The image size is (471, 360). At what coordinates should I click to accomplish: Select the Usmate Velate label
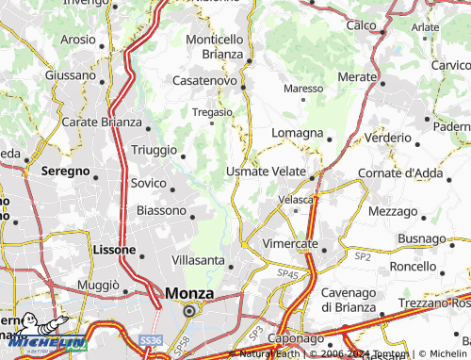click(x=266, y=172)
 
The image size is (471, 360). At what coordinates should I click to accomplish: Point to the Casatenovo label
click(x=204, y=81)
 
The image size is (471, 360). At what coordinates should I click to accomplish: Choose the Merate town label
click(x=357, y=75)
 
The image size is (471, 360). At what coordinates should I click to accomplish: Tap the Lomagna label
click(x=298, y=133)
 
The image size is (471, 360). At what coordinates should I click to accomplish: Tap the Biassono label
click(x=161, y=210)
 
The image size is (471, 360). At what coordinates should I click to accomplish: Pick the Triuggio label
click(x=153, y=151)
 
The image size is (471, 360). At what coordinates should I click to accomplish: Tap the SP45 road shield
click(x=286, y=273)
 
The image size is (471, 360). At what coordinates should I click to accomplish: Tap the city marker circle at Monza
click(x=189, y=310)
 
